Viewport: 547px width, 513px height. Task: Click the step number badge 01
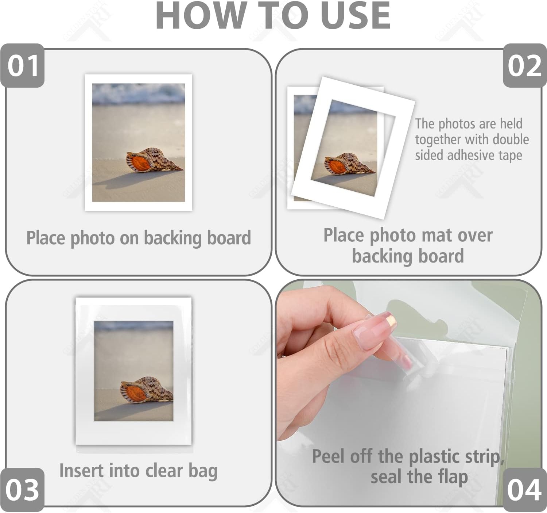(x=23, y=66)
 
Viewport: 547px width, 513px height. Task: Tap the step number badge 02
(x=525, y=66)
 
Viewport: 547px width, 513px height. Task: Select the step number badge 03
(x=23, y=490)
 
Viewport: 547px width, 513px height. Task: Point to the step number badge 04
(x=524, y=490)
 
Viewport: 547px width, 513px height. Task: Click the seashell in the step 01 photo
(x=154, y=160)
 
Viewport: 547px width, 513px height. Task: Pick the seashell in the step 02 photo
(x=349, y=164)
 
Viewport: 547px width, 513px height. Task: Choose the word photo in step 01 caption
(x=93, y=238)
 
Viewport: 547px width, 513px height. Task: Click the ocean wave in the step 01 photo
(x=138, y=94)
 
